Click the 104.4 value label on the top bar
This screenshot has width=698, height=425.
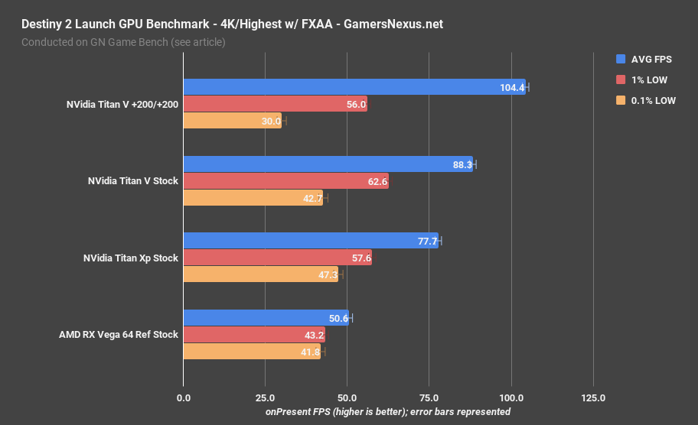pos(512,88)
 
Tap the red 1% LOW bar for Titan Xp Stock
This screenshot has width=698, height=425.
pos(277,258)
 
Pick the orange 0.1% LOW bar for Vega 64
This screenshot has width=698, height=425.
pos(252,352)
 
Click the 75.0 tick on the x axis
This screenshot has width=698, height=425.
pos(429,398)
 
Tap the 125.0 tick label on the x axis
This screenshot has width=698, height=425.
pos(593,398)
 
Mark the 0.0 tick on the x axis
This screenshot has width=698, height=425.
pos(184,398)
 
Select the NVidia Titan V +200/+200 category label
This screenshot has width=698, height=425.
pos(122,105)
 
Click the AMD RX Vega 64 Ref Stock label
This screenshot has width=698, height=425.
pos(119,335)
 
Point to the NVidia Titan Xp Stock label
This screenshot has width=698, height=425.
pos(130,258)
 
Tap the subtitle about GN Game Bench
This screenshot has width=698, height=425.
pos(123,42)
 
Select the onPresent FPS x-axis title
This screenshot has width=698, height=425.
pos(387,411)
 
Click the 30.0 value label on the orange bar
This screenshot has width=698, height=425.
pos(270,122)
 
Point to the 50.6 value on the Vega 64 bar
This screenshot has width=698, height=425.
pos(338,318)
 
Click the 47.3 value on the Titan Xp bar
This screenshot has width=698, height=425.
pos(328,275)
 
